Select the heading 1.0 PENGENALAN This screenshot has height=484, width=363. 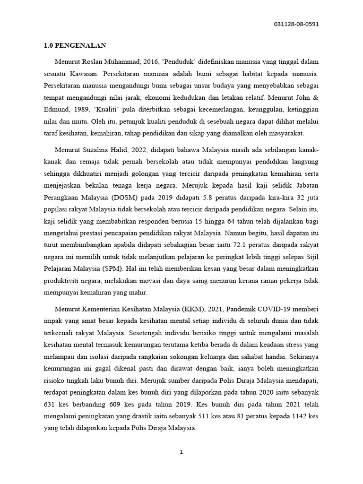tap(75, 46)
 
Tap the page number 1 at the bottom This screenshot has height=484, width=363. tap(181, 452)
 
